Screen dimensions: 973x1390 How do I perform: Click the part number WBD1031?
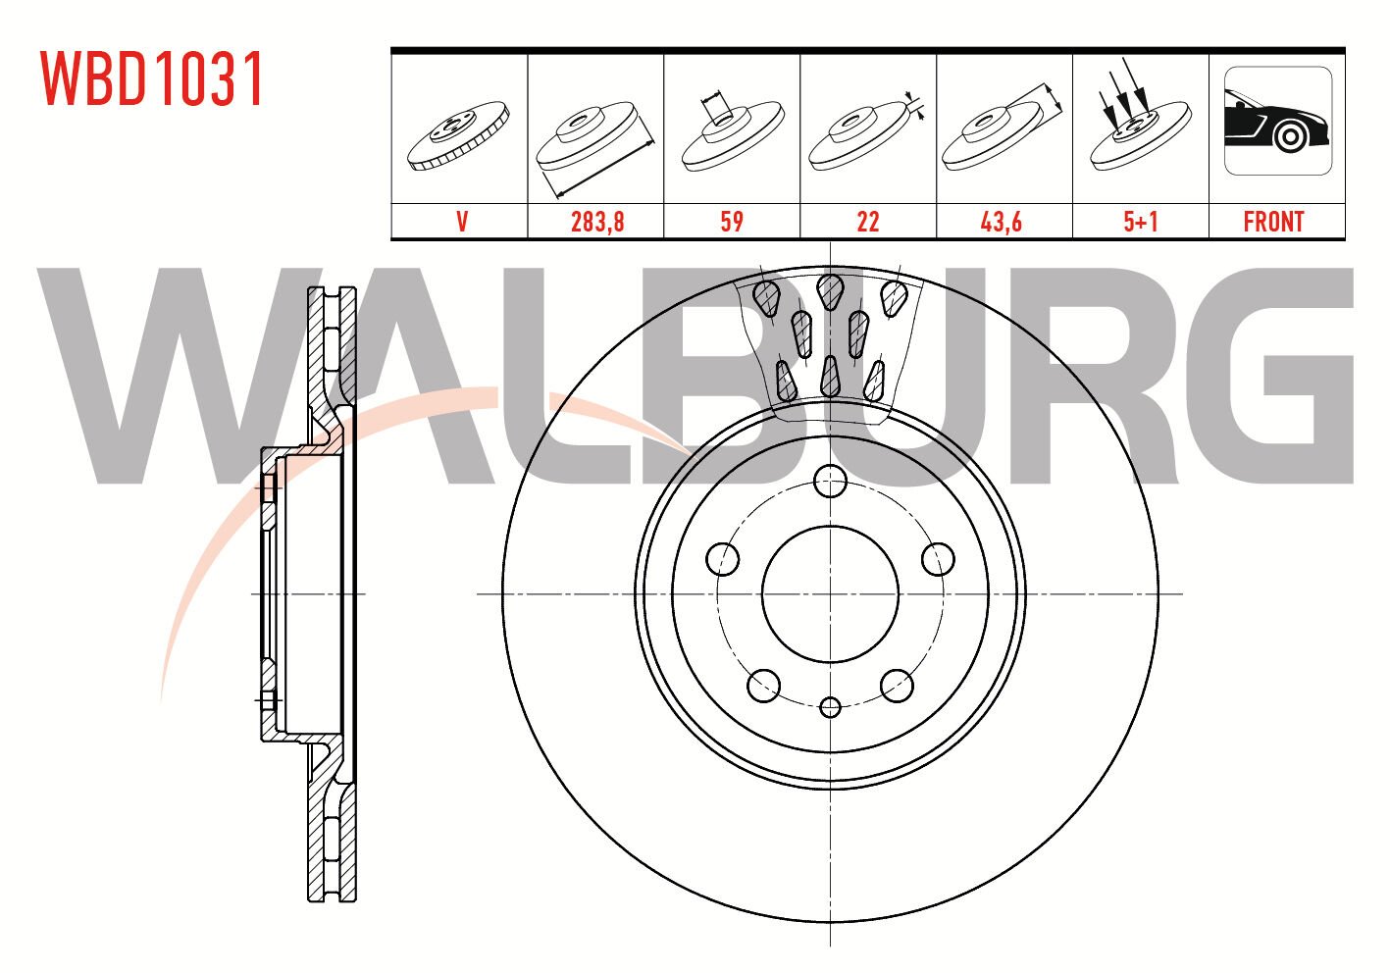click(x=152, y=79)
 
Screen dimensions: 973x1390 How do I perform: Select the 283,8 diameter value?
click(x=596, y=222)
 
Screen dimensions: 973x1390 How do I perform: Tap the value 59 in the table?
click(x=732, y=222)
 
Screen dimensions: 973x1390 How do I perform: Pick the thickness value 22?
click(x=867, y=222)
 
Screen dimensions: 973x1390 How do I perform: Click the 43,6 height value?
click(x=1002, y=222)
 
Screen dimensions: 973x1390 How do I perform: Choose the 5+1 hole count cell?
click(x=1140, y=222)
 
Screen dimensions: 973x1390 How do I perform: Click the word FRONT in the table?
click(x=1273, y=222)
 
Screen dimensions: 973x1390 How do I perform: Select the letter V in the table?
click(x=461, y=222)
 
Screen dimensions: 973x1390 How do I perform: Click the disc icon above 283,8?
click(x=596, y=137)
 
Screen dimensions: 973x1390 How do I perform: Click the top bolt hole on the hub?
click(x=831, y=481)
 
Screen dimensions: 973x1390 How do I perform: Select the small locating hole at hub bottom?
click(x=831, y=706)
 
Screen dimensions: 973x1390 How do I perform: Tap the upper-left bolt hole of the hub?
click(x=723, y=559)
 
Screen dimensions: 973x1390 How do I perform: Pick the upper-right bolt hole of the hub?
click(x=939, y=559)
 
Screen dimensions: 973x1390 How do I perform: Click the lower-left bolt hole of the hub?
click(x=763, y=686)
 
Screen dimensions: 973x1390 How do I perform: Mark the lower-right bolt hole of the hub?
click(x=898, y=686)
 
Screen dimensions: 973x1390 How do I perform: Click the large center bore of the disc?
click(x=831, y=594)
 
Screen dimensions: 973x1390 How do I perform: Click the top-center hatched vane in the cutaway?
click(x=830, y=289)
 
